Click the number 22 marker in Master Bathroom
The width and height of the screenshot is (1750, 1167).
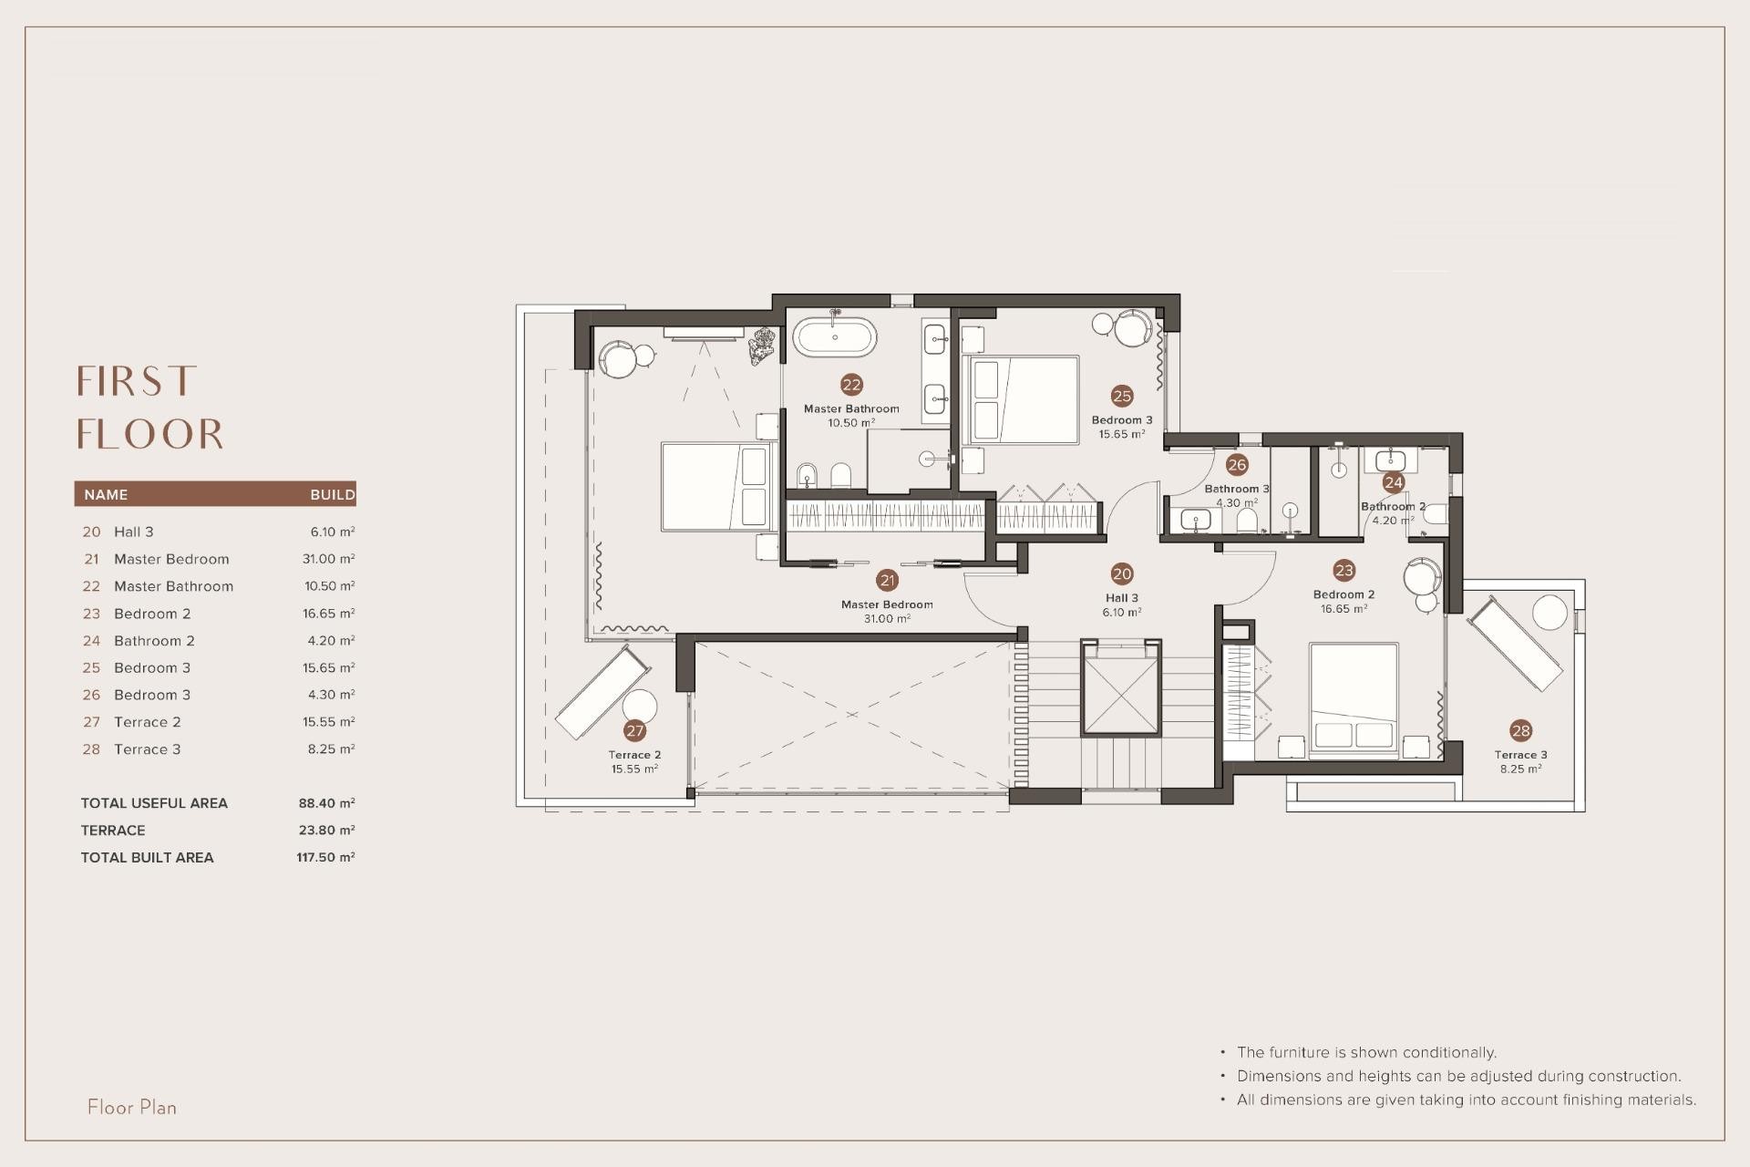tap(851, 385)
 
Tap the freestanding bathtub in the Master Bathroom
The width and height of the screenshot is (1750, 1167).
tap(835, 337)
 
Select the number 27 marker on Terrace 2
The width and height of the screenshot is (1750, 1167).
tap(635, 730)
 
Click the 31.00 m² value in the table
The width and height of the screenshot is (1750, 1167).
tap(328, 559)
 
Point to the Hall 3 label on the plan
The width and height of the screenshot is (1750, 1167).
tap(1121, 599)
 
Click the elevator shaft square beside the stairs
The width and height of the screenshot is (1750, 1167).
tap(1121, 688)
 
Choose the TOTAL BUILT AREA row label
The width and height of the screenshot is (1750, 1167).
tap(147, 858)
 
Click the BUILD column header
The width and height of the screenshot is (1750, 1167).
tap(332, 495)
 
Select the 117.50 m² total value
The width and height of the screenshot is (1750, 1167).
tap(325, 858)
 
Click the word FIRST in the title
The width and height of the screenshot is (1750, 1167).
tap(137, 381)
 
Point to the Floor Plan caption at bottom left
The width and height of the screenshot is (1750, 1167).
tap(132, 1108)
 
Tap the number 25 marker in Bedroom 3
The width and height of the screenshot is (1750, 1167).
tap(1122, 396)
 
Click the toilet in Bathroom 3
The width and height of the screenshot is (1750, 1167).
tap(1247, 520)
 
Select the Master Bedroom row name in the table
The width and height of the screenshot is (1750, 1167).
tap(171, 559)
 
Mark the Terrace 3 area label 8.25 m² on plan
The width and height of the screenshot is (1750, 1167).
tap(1520, 769)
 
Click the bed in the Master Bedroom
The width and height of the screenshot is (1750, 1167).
tap(716, 487)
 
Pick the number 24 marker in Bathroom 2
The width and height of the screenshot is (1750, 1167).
tap(1393, 482)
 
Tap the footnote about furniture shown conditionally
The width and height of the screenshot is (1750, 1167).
tap(1366, 1052)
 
